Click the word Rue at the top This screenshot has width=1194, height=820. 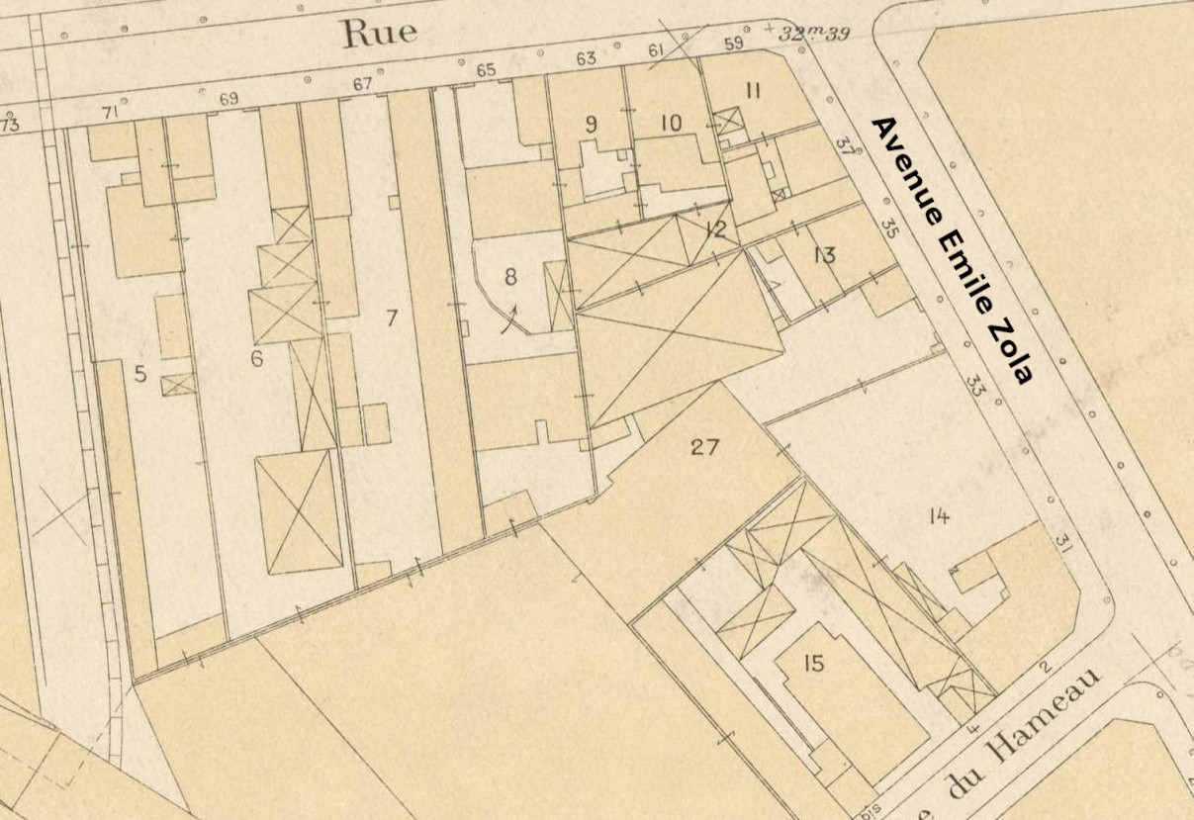(x=379, y=33)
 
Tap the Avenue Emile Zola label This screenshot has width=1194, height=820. (x=952, y=250)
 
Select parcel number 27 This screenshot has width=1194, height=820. (x=704, y=447)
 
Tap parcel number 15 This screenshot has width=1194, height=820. (x=812, y=664)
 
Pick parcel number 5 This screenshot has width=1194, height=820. (x=140, y=374)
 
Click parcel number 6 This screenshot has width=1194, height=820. (x=256, y=358)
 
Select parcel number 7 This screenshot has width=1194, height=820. (x=392, y=319)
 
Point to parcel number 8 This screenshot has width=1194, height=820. (x=510, y=277)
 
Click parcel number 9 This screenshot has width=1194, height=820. (x=592, y=124)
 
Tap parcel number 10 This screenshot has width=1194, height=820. (x=671, y=124)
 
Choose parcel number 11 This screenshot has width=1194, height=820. (x=753, y=92)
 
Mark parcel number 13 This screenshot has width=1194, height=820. (x=824, y=255)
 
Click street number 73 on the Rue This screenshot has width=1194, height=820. (x=10, y=126)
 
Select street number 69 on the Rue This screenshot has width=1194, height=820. (x=229, y=99)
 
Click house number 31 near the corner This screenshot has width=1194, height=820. (x=1063, y=542)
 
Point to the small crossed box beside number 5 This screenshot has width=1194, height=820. (x=179, y=384)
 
